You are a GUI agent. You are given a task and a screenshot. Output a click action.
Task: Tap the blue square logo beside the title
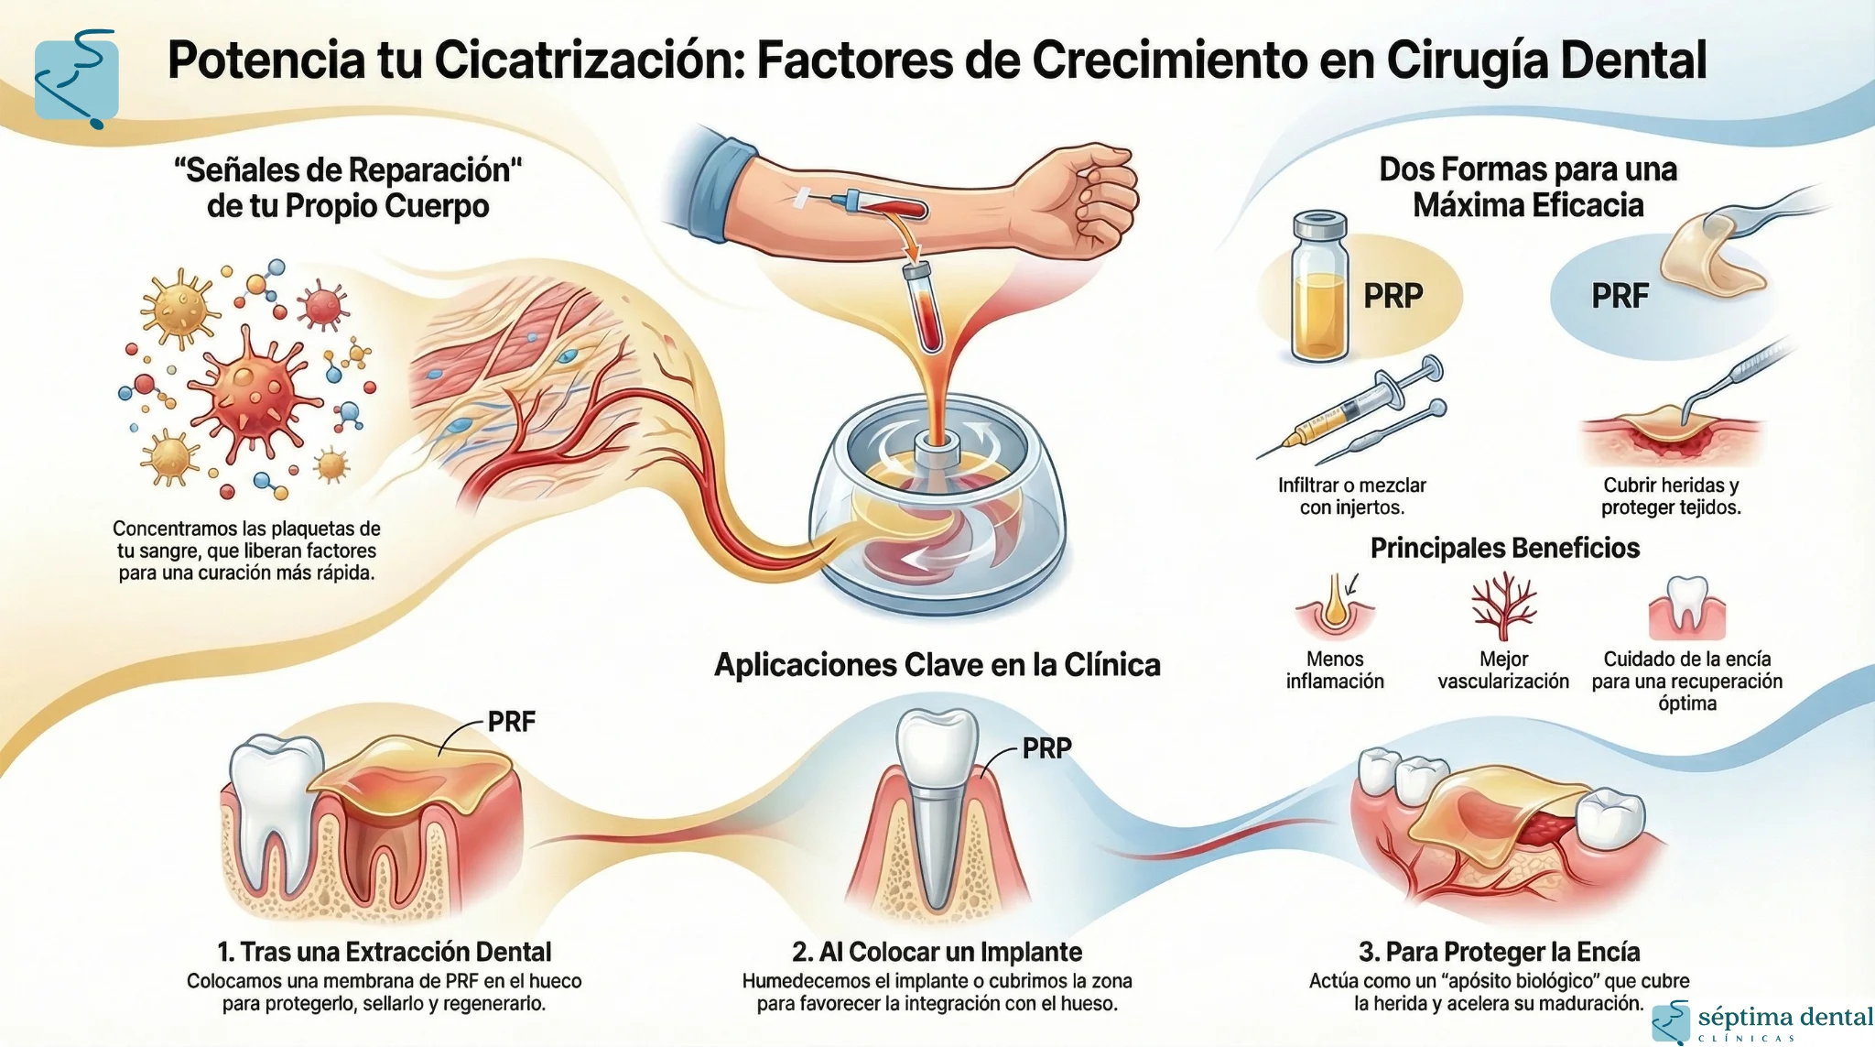(76, 80)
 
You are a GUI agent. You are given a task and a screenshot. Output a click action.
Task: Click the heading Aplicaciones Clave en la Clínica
(937, 665)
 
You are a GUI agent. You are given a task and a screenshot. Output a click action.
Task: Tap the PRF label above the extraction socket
(511, 722)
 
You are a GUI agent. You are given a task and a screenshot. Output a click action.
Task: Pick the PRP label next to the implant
(1046, 748)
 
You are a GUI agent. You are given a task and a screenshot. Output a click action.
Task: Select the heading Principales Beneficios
(1504, 548)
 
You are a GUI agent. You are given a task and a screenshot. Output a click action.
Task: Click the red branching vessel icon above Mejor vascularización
(1502, 605)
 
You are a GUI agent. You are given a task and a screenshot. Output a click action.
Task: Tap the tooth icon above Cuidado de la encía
(1686, 607)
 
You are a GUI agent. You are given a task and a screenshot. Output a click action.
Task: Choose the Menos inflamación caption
(1335, 670)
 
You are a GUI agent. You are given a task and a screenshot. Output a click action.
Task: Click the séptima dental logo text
(1784, 1017)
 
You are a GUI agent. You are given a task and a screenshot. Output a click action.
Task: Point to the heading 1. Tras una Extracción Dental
(385, 952)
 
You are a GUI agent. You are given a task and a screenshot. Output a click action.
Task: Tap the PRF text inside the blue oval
(1620, 296)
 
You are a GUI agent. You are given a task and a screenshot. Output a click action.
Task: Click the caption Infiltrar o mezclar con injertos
(1352, 496)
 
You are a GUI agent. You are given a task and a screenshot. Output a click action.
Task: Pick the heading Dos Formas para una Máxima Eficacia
(1527, 187)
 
